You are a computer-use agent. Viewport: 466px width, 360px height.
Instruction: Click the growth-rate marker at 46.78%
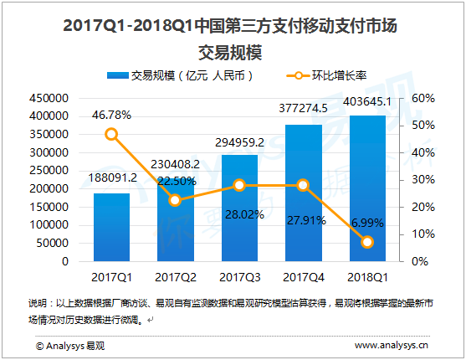pos(111,134)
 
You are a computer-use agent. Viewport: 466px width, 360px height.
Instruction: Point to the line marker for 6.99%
pos(366,242)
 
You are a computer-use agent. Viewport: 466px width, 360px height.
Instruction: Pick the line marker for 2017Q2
pos(175,200)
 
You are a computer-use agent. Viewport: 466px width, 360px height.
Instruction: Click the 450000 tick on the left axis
pos(50,99)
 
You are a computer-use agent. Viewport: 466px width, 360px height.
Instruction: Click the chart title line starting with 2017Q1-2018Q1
pos(232,27)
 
